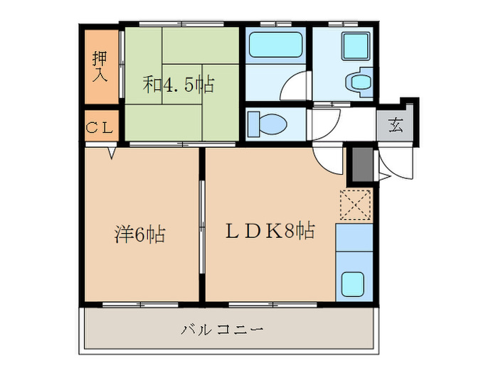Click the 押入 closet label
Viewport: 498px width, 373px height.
pos(100,67)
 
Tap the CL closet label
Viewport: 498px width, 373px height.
pos(100,128)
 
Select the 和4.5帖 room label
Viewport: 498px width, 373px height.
pos(179,85)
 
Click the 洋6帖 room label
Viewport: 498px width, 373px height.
pos(140,234)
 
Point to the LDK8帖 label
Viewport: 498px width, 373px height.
pos(270,231)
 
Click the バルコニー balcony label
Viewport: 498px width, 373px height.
pos(222,330)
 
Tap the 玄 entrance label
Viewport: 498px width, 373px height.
pos(396,125)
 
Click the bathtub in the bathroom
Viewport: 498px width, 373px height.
pos(275,44)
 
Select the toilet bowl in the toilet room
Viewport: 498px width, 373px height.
pos(267,124)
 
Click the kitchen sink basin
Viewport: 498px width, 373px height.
pos(353,284)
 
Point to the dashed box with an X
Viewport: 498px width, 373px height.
pos(355,205)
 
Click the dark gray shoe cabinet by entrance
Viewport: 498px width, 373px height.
pos(362,165)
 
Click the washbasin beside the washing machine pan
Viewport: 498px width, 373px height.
pos(359,82)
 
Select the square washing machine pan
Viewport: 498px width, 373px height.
pos(356,46)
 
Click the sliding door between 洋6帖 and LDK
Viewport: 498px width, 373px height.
pos(201,227)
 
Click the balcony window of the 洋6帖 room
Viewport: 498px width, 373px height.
pos(140,305)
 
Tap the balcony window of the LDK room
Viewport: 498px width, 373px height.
pos(272,305)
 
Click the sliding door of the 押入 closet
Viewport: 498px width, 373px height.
pos(122,65)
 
